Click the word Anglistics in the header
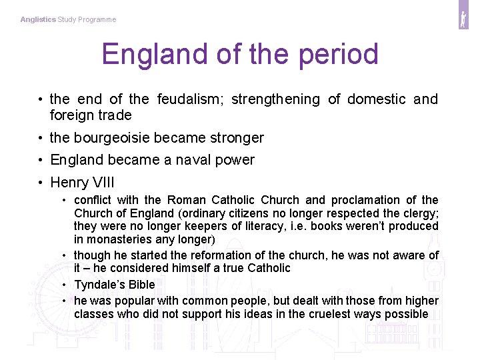(38, 19)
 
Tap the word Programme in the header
(97, 19)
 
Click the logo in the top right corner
(463, 19)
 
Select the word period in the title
(339, 55)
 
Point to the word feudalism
(193, 99)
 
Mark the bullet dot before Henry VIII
(41, 183)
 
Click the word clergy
(421, 213)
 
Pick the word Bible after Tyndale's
(142, 285)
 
